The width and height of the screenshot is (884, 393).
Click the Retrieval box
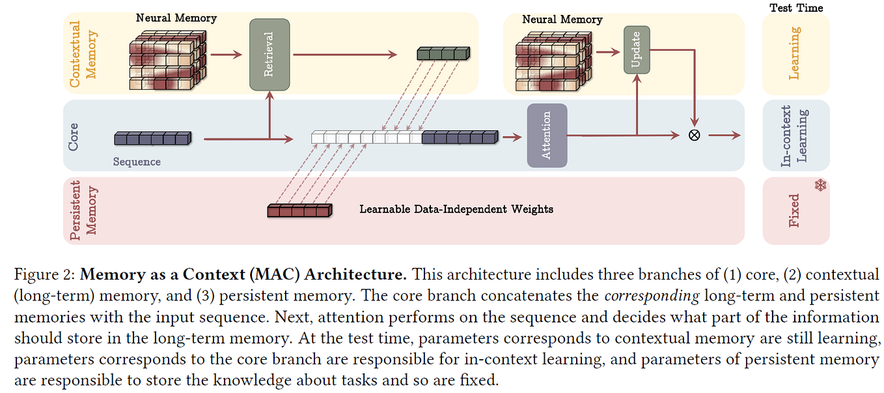pos(269,55)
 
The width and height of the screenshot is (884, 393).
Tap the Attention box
pos(546,135)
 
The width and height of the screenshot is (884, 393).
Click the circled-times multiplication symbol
pos(694,136)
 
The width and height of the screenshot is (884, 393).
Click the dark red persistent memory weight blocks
pos(299,210)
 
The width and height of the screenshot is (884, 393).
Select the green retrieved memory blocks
pos(443,55)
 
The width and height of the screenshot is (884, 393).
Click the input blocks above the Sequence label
pos(152,138)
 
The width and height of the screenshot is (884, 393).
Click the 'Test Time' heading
pos(796,8)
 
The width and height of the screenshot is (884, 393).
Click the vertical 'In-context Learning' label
pos(794,136)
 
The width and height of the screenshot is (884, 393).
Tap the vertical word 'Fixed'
pos(794,211)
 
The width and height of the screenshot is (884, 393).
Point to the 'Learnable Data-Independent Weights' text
pos(456,209)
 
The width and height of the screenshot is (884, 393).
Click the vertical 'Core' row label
pos(74,137)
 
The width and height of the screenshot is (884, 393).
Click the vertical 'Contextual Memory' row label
pos(83,54)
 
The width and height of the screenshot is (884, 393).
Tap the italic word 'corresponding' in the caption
pos(652,296)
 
